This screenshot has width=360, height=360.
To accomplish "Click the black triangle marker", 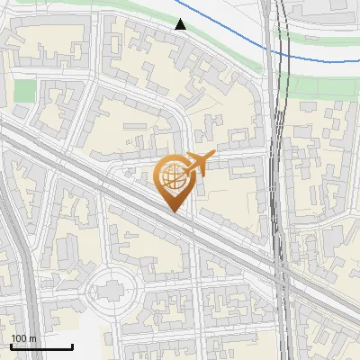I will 181,24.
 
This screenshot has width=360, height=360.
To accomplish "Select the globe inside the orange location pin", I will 173,176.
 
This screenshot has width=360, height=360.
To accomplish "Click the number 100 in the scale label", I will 19,338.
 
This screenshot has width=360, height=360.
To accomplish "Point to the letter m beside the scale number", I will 32,338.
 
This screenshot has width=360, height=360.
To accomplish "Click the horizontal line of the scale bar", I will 40,346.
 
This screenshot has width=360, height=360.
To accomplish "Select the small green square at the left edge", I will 24,90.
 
